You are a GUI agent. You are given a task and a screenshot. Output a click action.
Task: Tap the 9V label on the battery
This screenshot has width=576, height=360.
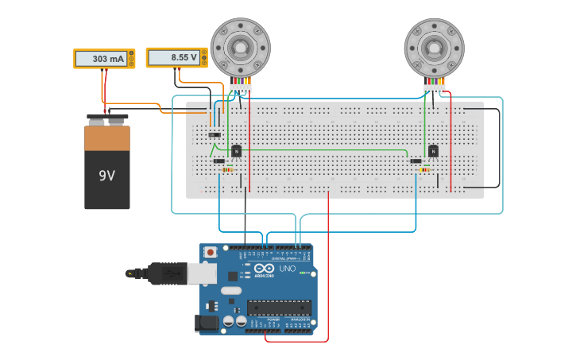[106, 175]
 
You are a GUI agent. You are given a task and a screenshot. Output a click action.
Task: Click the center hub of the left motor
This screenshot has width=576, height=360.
[240, 48]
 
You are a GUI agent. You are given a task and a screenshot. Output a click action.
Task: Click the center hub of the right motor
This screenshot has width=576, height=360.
[434, 48]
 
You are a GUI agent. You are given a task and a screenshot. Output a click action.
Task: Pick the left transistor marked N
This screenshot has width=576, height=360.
[236, 150]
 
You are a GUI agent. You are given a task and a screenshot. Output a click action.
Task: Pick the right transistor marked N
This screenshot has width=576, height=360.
[433, 150]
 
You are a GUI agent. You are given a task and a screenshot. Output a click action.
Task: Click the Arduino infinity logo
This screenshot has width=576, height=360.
[265, 269]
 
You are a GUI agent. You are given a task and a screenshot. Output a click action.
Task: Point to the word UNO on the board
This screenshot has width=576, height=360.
[287, 269]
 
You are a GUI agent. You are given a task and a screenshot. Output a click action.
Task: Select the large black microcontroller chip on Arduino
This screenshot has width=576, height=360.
[278, 308]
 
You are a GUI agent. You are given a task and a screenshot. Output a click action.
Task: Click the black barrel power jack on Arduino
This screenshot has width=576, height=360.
[207, 323]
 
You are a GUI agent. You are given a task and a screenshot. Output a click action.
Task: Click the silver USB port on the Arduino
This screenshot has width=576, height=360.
[201, 273]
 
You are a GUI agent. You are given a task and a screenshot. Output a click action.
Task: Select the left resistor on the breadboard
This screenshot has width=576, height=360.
[229, 169]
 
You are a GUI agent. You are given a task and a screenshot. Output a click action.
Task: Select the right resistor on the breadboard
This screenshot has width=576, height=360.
[426, 169]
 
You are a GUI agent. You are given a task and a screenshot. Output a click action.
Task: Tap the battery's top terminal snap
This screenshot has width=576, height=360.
[107, 120]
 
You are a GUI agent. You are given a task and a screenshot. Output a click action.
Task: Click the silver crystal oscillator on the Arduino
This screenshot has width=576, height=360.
[230, 291]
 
